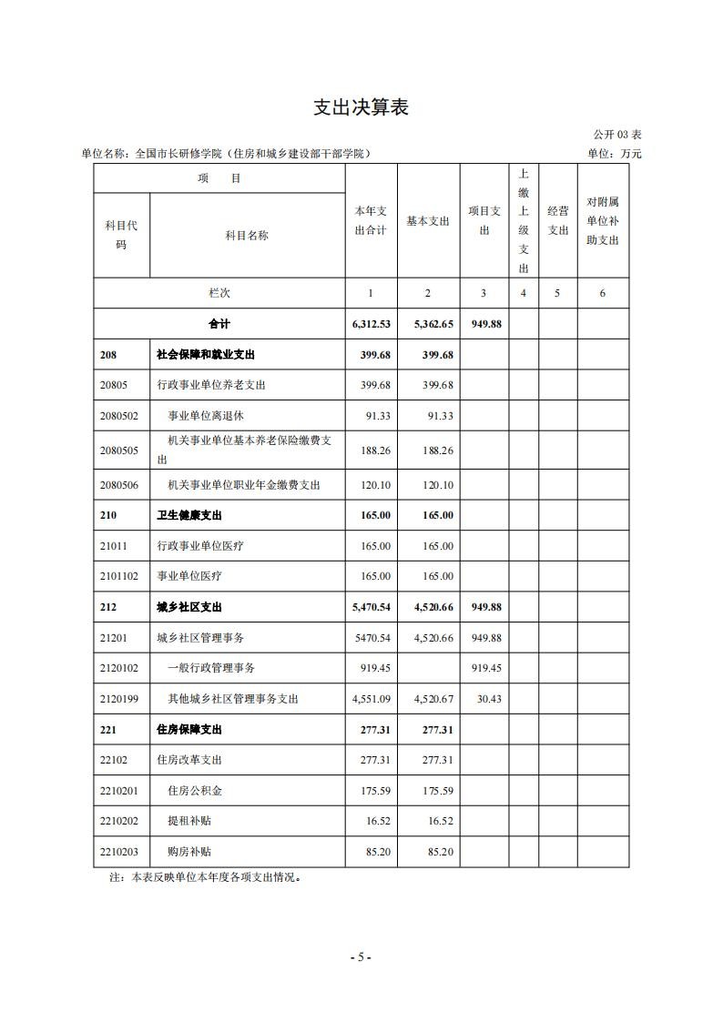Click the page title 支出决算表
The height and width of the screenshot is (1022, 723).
click(361, 107)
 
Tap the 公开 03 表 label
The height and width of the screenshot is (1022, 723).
click(617, 135)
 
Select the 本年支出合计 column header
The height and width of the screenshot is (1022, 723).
click(371, 221)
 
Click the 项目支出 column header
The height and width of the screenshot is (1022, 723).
click(484, 221)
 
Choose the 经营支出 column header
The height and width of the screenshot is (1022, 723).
click(557, 221)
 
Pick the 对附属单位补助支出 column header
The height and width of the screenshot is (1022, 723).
click(603, 221)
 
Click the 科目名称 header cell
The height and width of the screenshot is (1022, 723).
click(247, 236)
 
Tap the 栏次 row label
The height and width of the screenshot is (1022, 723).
click(219, 293)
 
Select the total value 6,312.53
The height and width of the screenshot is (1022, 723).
click(371, 324)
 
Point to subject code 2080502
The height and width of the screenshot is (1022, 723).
click(119, 416)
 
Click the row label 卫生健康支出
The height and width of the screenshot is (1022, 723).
click(189, 515)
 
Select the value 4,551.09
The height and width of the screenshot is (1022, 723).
click(371, 699)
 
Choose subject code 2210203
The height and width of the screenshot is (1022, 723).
click(119, 852)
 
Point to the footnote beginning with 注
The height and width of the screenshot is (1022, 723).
click(205, 879)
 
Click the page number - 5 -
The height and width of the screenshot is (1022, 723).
click(361, 956)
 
